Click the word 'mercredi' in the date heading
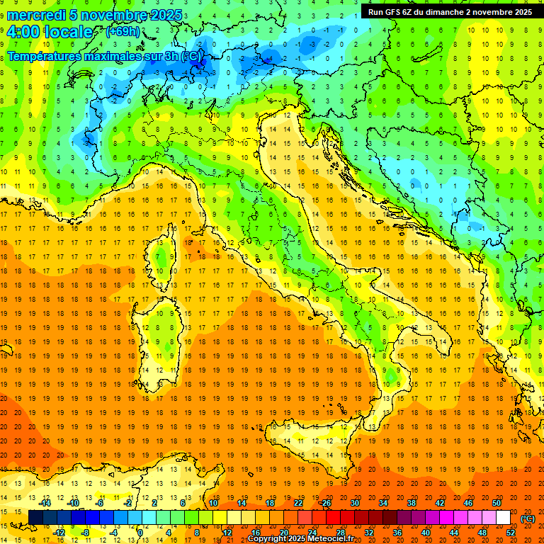click(x=38, y=15)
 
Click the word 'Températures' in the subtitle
click(x=48, y=56)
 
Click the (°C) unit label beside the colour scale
click(x=528, y=518)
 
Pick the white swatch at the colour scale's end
click(x=503, y=518)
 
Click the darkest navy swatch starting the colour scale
click(x=35, y=518)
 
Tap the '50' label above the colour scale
click(x=496, y=503)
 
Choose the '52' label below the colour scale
click(x=511, y=533)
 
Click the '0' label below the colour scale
click(x=140, y=533)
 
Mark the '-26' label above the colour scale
click(x=325, y=503)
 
